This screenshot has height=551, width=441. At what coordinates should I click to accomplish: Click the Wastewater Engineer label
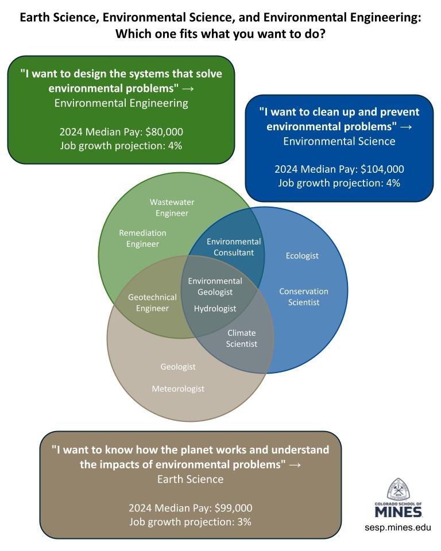172,208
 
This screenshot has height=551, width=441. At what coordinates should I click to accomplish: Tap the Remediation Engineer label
142,238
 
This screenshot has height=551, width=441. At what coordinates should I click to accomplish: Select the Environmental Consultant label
234,247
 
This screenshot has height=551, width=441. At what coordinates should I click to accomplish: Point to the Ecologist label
302,256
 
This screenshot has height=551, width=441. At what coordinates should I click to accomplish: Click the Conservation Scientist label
304,297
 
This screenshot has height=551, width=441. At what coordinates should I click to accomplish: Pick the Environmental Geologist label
215,286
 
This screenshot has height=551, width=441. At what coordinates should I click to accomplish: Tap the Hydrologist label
215,309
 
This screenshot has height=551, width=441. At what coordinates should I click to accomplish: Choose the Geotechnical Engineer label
152,302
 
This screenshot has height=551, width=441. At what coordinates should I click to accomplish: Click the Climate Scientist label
242,338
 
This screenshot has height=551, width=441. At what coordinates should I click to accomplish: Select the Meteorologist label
178,389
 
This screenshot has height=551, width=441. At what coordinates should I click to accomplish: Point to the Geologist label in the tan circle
178,367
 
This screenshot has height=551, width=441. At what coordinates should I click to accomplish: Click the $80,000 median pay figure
164,132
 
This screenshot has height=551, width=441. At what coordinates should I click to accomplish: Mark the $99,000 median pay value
234,508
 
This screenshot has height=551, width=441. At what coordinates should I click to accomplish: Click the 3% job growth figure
244,522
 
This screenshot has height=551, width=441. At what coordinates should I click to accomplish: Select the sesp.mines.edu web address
398,527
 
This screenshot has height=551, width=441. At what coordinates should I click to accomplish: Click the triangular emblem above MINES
398,489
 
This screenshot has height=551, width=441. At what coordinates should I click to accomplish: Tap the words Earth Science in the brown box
190,479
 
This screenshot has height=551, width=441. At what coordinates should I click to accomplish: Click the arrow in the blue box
406,127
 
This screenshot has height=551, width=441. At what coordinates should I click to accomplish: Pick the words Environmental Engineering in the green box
121,103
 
